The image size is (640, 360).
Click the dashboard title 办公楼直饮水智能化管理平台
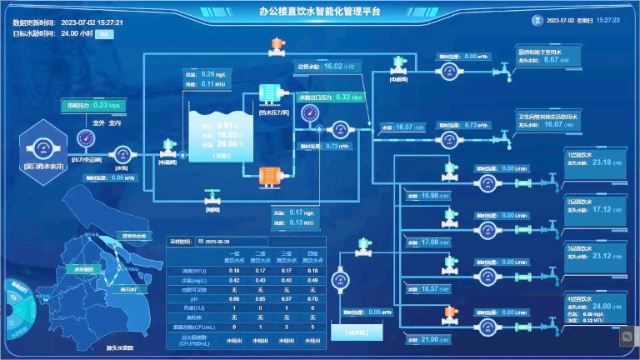[319, 12]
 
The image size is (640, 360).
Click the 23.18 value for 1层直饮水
[601, 162]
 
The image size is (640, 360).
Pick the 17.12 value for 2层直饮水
[601, 209]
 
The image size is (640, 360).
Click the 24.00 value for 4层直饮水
[601, 306]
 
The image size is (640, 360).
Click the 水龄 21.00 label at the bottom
[428, 339]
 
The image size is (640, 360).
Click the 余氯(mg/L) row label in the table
[181, 280]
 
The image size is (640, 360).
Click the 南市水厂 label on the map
[129, 289]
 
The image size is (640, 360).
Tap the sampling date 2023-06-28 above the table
[217, 242]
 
